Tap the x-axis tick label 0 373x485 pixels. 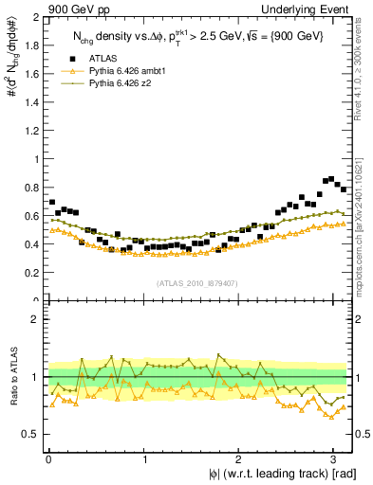(48, 458)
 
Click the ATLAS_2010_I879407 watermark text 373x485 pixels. (198, 281)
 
